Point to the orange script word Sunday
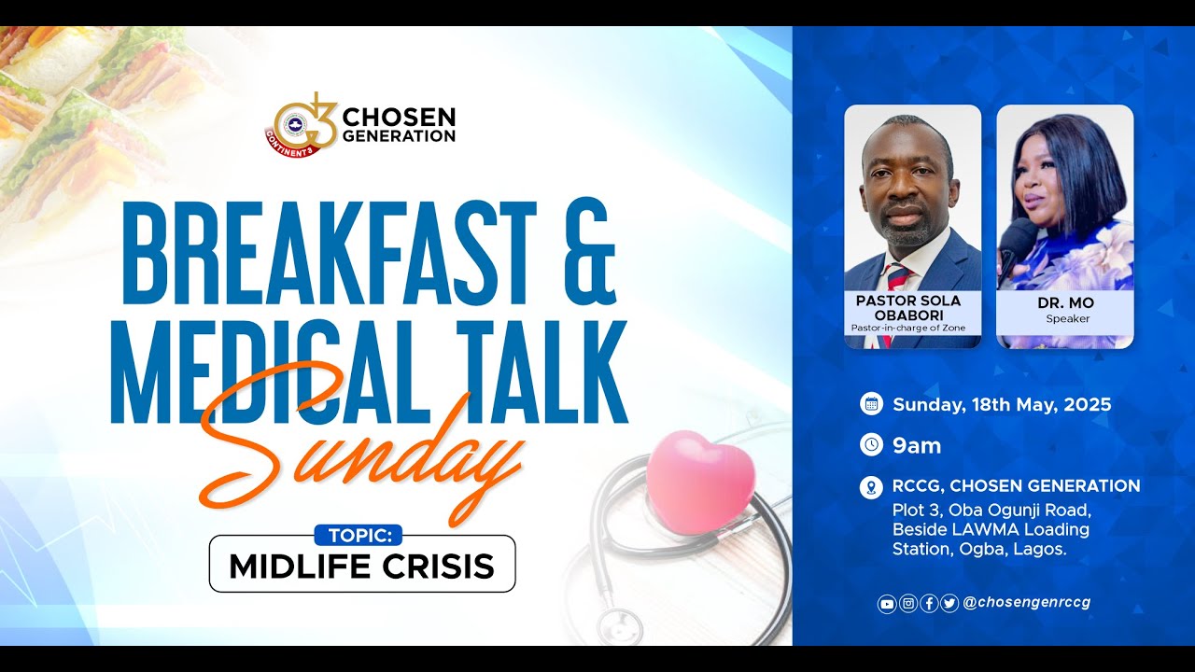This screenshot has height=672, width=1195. pos(364,448)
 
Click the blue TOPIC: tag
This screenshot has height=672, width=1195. pos(358,536)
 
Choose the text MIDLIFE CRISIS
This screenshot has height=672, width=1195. pos(361,566)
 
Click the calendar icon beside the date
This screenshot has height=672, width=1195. pos(871,404)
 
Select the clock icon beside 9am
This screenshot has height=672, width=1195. pos(871,445)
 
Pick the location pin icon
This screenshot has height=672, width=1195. pos(871,486)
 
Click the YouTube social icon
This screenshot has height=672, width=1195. pos(887,604)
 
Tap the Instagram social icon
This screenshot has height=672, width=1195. pos(907,604)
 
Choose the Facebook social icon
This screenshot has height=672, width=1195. pos(929,604)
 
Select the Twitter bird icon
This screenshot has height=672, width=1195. pos(949,604)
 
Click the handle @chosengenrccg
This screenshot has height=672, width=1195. pos(1026,603)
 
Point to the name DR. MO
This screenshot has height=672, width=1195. pos(1065,303)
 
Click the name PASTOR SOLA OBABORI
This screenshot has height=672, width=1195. pos(908,307)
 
